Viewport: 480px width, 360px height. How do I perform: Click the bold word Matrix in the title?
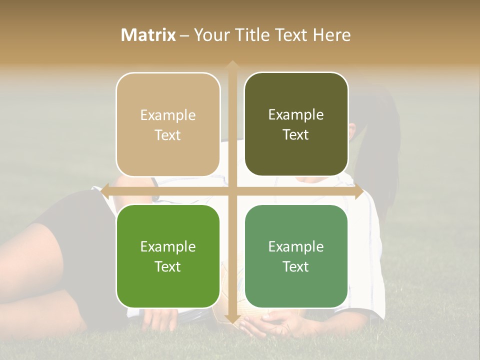148,35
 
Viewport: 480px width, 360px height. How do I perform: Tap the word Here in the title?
332,35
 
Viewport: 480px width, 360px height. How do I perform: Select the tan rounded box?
168,124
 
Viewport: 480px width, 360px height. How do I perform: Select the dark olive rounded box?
296,124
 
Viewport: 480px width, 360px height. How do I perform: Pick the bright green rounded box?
168,256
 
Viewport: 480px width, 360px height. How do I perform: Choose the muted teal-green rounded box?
296,256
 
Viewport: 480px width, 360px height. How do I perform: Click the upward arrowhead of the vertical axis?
232,65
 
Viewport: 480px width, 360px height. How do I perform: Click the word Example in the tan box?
168,115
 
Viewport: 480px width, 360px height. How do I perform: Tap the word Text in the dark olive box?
296,135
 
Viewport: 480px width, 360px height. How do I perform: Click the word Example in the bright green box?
168,246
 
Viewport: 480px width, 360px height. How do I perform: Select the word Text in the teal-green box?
296,267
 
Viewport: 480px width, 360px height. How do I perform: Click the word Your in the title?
210,35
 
